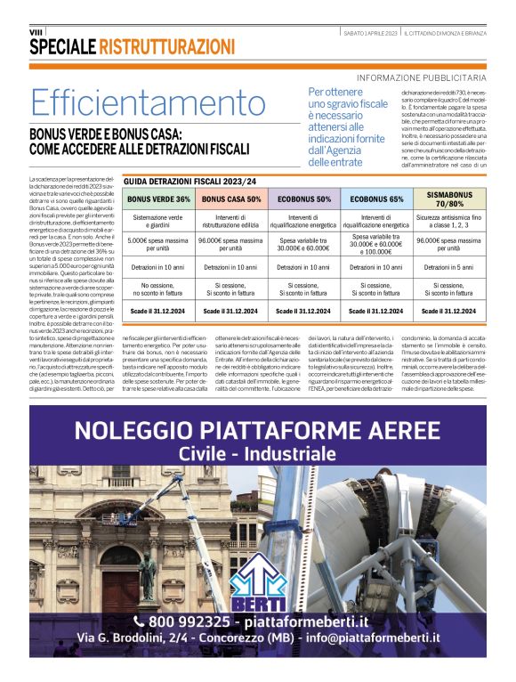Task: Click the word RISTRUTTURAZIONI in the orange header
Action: point(165,47)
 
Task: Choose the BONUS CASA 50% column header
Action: point(231,199)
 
